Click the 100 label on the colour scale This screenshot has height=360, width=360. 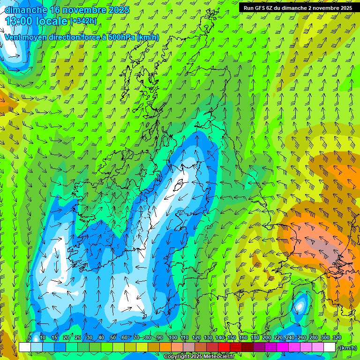pos(173,337)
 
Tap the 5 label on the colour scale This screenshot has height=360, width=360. pos(30,337)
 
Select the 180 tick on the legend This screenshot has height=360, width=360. pos(255,337)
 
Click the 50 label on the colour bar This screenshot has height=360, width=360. pos(112,337)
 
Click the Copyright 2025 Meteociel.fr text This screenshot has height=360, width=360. pos(199,357)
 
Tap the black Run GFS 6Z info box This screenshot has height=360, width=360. pos(298,8)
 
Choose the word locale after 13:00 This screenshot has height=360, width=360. pos(53,21)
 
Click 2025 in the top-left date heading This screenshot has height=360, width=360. pos(119,10)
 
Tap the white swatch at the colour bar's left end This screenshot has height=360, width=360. pos(24,347)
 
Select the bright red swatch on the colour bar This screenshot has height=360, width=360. pos(224,347)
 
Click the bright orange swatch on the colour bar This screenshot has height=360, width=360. pos(165,347)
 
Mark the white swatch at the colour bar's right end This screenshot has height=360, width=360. pos(329,347)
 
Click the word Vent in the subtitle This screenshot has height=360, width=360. pos(13,37)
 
